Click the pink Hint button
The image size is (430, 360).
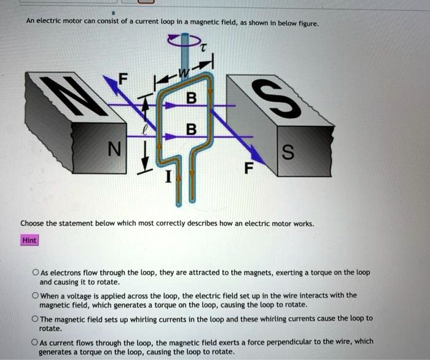pos(29,240)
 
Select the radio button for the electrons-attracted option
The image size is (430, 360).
pos(36,272)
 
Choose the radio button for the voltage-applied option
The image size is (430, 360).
pos(36,295)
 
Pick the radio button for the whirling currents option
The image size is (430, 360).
pos(36,318)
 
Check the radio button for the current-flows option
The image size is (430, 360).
pos(36,342)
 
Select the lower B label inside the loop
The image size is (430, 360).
pos(191,130)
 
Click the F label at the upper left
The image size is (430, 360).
pos(125,78)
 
